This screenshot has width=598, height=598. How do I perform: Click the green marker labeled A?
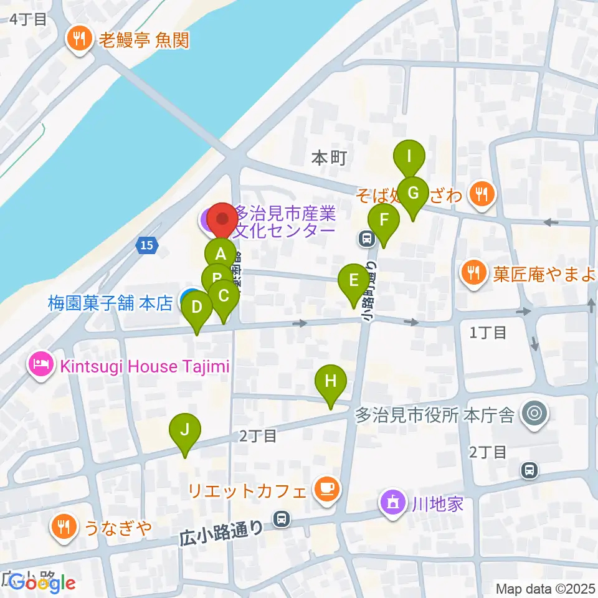[x=220, y=254]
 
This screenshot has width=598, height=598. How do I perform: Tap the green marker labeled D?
[x=197, y=306]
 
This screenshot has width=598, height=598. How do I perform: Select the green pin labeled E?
[x=353, y=280]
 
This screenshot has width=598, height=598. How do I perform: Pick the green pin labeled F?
[x=384, y=220]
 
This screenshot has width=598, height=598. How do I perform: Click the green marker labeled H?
[x=330, y=380]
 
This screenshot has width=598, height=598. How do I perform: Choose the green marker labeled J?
[x=184, y=429]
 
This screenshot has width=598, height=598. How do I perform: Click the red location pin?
[x=222, y=220]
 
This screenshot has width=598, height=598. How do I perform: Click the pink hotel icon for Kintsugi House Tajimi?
[x=42, y=365]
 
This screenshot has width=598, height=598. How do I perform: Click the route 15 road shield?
[x=146, y=246]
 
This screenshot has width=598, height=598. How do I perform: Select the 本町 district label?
[x=328, y=158]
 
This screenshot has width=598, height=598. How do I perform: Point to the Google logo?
[x=42, y=583]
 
